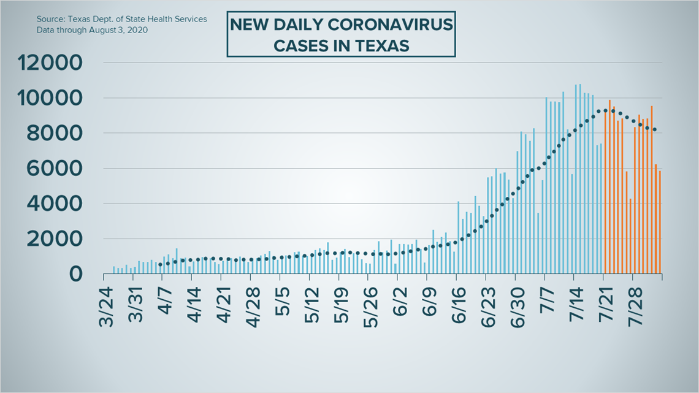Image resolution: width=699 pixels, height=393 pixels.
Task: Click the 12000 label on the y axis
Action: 51,63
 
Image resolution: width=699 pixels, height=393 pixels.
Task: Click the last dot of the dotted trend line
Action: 655,129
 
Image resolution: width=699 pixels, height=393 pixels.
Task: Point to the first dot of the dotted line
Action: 160,265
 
